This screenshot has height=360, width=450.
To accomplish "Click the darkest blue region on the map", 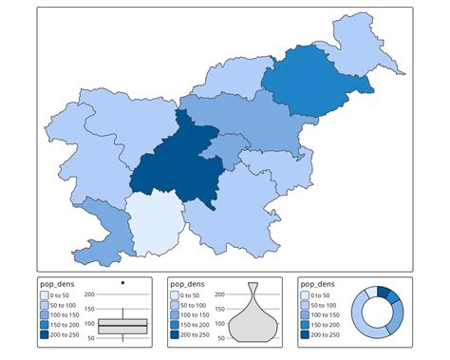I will [171, 166].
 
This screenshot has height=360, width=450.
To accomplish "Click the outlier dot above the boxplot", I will [123, 283].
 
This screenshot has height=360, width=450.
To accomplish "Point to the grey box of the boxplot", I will [123, 325].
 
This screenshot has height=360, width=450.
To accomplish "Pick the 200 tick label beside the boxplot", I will [89, 294].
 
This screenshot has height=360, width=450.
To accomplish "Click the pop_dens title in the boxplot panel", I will [56, 283].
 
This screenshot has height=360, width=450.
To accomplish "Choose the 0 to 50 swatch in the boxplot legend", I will [45, 295].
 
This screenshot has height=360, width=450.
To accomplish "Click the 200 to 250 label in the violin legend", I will [196, 334].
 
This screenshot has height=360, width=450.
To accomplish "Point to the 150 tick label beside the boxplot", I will [89, 309].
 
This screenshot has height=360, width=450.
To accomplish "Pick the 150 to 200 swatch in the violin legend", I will [176, 325].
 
